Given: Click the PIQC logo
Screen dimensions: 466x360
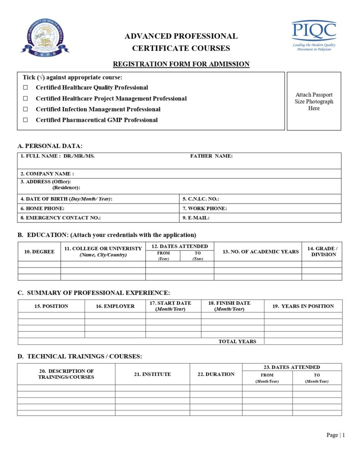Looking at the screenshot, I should [314, 35].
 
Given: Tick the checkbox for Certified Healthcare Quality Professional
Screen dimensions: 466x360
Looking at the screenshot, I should [26, 87].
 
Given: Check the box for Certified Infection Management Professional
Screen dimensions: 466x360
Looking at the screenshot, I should [26, 109].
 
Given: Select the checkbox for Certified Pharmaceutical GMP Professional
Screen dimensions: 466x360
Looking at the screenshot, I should [26, 120].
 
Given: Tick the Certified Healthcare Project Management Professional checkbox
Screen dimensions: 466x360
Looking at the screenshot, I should [26, 98].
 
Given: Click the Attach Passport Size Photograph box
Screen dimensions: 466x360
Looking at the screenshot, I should [314, 101].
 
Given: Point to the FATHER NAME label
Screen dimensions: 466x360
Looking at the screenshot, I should [211, 156].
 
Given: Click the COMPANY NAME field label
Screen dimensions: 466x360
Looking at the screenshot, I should [47, 174].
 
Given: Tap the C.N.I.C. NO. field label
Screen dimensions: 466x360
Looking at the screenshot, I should [201, 199].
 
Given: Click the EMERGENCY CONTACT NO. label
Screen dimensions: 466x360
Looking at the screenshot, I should [61, 218].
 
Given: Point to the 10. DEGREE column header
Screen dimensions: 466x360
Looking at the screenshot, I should [39, 252].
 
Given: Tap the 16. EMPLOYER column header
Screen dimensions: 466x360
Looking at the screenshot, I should [115, 306].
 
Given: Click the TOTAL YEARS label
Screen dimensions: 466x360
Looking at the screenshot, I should [237, 341].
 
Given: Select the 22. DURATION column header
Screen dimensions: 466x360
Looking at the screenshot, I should [216, 374].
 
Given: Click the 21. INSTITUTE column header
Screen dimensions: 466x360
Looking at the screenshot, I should [152, 374].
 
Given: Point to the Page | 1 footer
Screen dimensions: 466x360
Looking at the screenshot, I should [335, 435].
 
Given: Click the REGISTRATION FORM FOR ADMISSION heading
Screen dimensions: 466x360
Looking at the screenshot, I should [181, 64].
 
